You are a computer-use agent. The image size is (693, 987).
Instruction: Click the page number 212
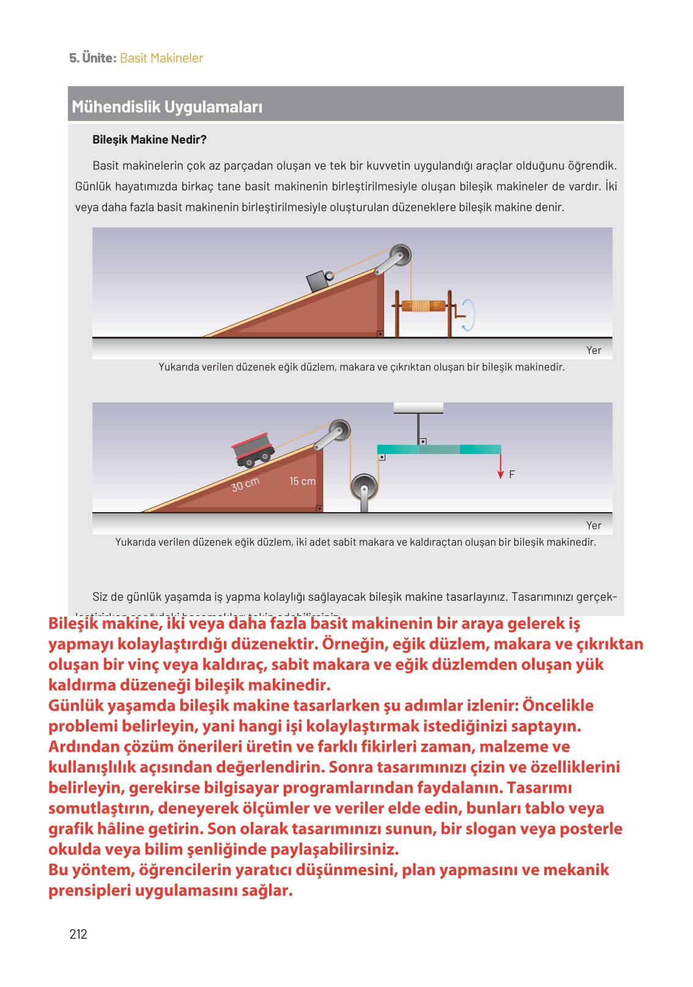click(x=78, y=934)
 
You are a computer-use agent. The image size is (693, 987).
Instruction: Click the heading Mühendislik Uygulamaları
click(x=167, y=107)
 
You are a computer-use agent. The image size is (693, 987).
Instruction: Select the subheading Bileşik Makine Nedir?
click(x=149, y=139)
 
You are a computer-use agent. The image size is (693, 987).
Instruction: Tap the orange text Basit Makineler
click(x=161, y=58)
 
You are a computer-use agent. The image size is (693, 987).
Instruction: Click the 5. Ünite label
click(x=92, y=58)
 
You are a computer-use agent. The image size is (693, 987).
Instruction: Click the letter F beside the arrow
click(x=512, y=474)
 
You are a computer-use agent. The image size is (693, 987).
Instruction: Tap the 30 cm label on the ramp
click(x=245, y=485)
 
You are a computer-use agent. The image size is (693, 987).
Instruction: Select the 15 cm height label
click(x=302, y=482)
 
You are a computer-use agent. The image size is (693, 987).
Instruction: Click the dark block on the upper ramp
click(x=318, y=281)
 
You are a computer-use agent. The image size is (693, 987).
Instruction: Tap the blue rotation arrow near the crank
click(x=469, y=315)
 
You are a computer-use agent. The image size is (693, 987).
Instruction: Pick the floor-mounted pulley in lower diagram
click(x=364, y=488)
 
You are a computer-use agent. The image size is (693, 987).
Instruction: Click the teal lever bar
click(x=439, y=450)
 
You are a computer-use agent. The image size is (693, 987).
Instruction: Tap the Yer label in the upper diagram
click(x=593, y=350)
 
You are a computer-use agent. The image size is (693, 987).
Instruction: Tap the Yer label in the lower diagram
click(x=593, y=525)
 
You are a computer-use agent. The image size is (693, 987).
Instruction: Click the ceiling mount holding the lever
click(x=418, y=408)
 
